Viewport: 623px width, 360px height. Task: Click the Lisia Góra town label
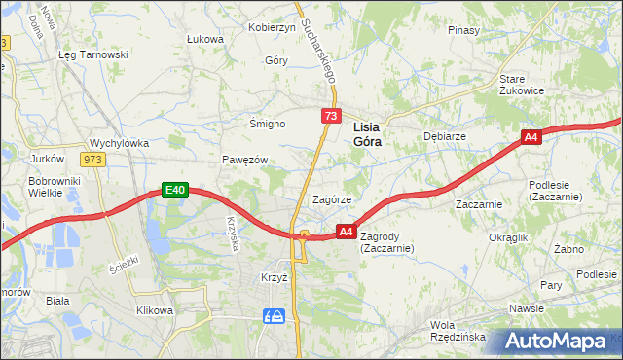[366, 133]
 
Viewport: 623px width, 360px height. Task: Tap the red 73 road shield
[332, 117]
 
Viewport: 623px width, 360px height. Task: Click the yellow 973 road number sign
[93, 159]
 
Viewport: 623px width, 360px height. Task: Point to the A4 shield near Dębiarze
[531, 138]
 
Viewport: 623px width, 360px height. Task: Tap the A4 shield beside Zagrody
[346, 231]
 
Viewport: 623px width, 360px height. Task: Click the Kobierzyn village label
[273, 27]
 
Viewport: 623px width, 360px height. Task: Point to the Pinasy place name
[463, 30]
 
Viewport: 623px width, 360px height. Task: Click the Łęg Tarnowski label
[93, 54]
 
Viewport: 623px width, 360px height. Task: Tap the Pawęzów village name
[243, 159]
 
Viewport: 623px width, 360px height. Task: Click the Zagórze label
[331, 198]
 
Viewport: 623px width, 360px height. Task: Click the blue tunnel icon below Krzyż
[275, 315]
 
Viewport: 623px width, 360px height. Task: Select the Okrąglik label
[508, 236]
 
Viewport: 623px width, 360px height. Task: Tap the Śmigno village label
[267, 125]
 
